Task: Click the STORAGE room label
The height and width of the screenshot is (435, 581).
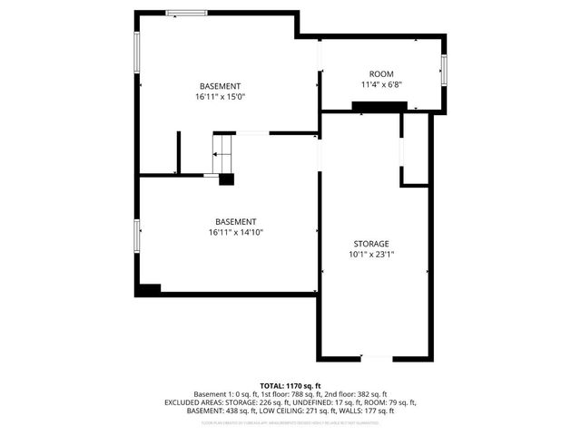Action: click(371, 244)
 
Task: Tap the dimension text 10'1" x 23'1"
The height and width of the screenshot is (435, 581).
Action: click(371, 255)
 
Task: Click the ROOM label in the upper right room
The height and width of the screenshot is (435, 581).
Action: click(381, 73)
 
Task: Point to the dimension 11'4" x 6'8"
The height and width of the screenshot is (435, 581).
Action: click(381, 84)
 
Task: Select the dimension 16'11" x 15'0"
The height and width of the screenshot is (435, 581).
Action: click(221, 96)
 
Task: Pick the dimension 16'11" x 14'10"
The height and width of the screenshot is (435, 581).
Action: click(235, 232)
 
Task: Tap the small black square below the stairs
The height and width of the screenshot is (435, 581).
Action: click(226, 179)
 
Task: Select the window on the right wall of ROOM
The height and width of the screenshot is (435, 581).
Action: click(444, 69)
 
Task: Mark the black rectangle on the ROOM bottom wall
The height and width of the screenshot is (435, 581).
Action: click(379, 108)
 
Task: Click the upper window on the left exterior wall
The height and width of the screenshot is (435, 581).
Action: click(137, 55)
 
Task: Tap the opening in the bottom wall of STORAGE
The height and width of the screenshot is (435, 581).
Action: click(374, 358)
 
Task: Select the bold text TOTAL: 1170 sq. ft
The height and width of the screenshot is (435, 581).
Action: click(290, 385)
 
